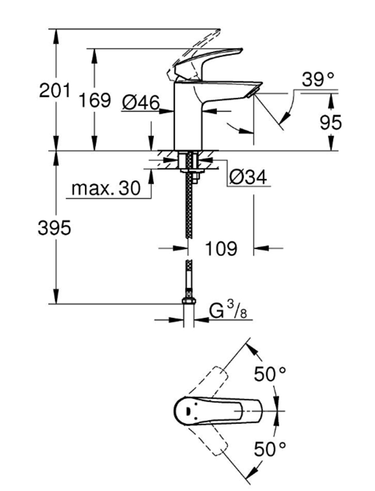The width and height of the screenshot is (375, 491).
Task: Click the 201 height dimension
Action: (55, 91)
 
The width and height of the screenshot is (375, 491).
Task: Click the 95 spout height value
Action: (330, 123)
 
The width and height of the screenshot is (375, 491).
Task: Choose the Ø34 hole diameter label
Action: (247, 178)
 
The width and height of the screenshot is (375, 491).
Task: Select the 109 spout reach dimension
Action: (221, 249)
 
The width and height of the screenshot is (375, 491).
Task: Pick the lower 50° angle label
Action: (270, 450)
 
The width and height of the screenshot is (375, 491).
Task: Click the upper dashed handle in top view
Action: (212, 379)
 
